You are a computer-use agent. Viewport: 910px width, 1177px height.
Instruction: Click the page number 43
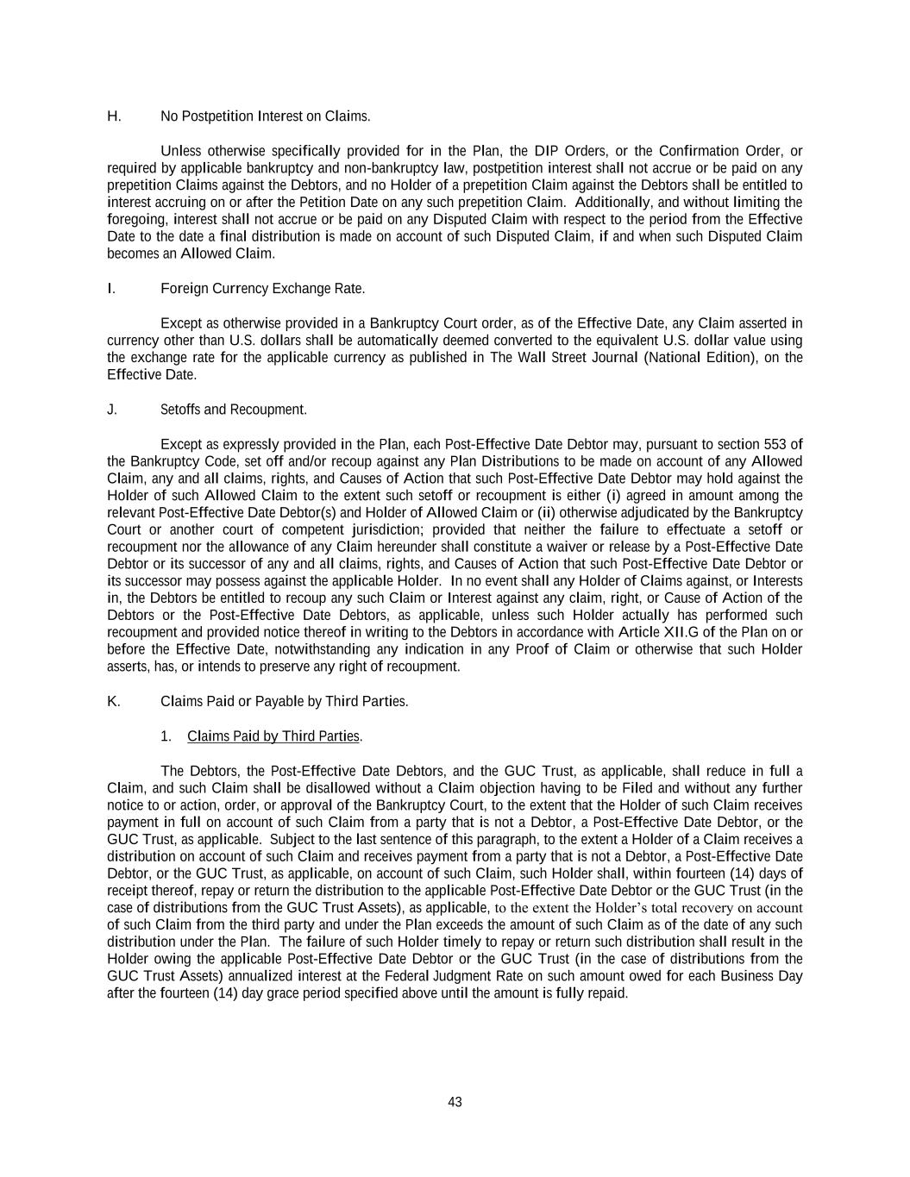(455, 1102)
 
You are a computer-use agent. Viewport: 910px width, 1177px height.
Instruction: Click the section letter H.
(114, 116)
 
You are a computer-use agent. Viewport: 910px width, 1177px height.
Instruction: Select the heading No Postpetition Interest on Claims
(265, 116)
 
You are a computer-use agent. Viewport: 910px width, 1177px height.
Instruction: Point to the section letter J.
(112, 410)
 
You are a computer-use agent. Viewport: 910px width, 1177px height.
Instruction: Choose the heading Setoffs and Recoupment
(233, 410)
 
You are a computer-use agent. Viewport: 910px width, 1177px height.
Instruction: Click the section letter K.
(113, 701)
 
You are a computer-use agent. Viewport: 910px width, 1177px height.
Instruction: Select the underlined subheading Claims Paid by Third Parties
(273, 736)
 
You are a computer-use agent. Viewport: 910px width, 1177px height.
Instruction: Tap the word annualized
(257, 976)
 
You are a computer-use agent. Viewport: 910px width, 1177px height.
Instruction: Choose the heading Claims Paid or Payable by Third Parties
(284, 701)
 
